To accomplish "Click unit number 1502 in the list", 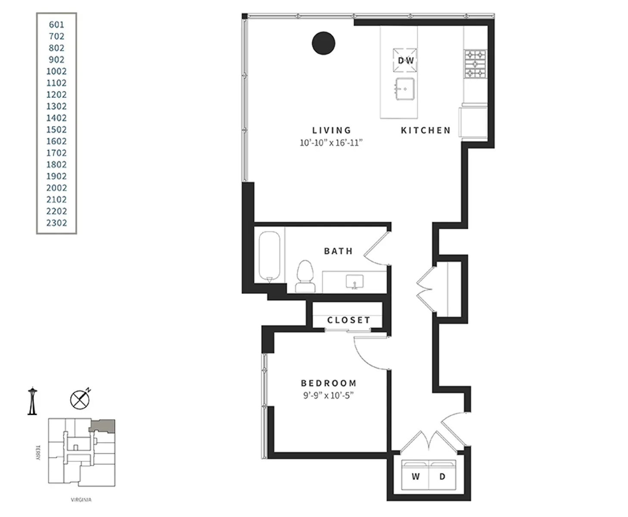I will [56, 130].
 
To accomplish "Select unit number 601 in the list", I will [56, 25].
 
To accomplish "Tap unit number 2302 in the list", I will [56, 223].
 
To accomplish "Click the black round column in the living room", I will [323, 43].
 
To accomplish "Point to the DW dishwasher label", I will [406, 61].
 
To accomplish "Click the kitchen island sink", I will [404, 89].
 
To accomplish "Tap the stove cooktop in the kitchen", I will [475, 64].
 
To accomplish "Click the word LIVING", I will [332, 130].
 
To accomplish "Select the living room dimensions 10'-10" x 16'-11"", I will [331, 143].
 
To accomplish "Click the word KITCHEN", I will [426, 130].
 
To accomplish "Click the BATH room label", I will [338, 251].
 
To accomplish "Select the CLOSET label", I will [348, 320].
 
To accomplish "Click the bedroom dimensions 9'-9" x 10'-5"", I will [328, 396].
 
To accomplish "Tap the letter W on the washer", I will [416, 477].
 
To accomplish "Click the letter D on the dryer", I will [442, 477].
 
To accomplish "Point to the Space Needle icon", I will [32, 401].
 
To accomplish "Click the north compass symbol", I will [80, 399].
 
